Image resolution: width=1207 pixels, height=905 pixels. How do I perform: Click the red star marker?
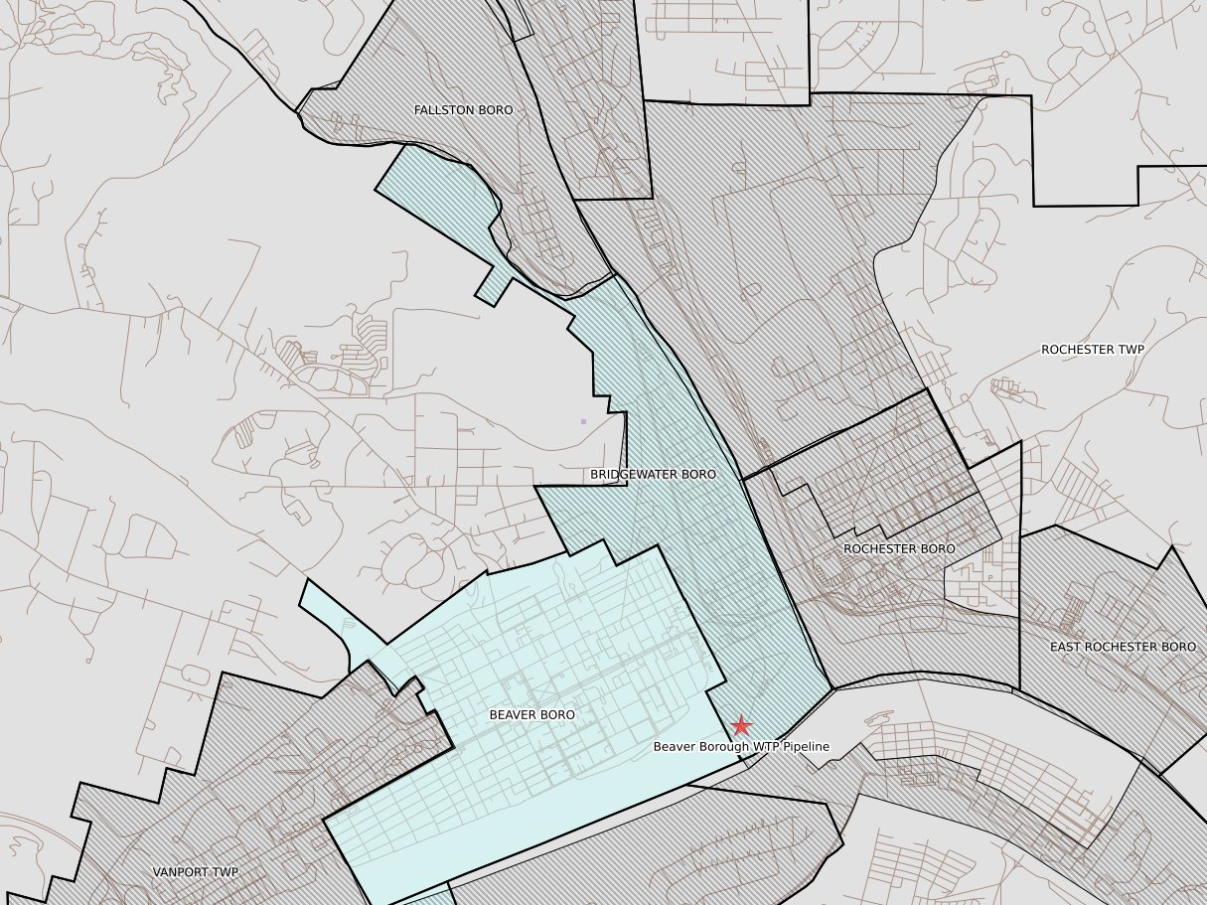pos(741,726)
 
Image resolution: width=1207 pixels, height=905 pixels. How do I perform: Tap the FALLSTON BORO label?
pos(463,110)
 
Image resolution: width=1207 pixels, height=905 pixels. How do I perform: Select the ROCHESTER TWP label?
pos(1092,350)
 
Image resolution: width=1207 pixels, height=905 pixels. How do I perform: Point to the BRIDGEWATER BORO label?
pos(653,475)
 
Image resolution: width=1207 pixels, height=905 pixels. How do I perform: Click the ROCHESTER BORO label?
pos(899,548)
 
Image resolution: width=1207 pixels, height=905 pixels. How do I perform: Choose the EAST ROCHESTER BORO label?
pos(1123,647)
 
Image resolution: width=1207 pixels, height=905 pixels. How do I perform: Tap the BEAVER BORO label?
pos(531,714)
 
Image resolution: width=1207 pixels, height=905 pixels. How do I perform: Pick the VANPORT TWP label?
pos(196,872)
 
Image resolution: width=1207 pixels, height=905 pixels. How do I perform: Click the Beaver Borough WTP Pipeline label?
pos(740,746)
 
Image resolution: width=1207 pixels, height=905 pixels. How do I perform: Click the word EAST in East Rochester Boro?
pos(1066,647)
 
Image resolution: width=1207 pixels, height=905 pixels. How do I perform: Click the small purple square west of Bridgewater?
pos(583,422)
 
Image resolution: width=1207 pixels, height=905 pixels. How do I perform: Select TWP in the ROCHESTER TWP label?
pos(1130,350)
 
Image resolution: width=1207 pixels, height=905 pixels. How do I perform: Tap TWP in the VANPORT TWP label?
pos(226,872)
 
